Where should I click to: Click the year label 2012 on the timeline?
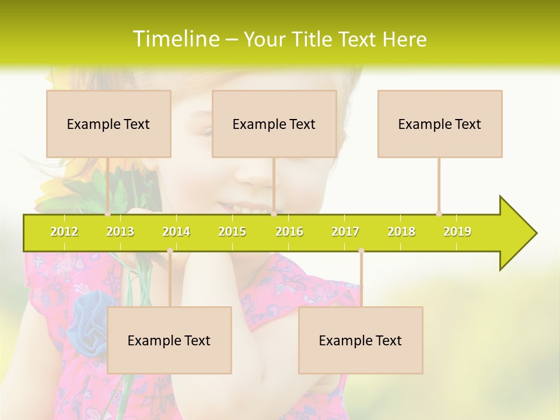click(64, 232)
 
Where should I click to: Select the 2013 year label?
click(120, 232)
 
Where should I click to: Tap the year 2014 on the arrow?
click(176, 232)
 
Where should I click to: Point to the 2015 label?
click(232, 232)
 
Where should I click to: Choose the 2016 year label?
click(289, 232)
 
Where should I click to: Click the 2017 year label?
click(345, 232)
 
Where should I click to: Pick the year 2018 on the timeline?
click(401, 232)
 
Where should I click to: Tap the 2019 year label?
click(457, 232)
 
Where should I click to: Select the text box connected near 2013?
click(108, 124)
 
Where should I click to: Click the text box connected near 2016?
click(274, 124)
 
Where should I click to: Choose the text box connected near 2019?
click(440, 124)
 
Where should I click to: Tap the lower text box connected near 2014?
click(169, 340)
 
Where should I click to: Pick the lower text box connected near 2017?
click(360, 340)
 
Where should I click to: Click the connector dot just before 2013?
click(108, 214)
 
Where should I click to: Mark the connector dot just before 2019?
click(439, 213)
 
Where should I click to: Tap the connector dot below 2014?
click(170, 251)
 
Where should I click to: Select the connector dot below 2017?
click(361, 251)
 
